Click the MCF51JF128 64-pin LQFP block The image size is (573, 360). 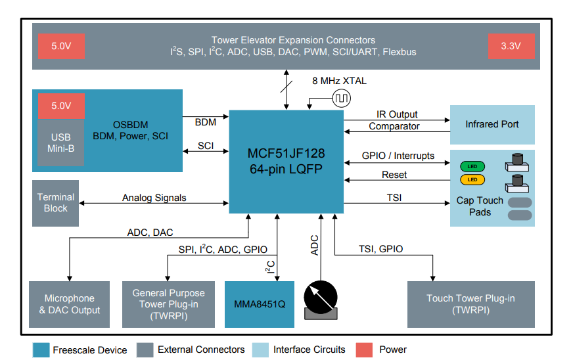pyautogui.click(x=286, y=161)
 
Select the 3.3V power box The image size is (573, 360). pyautogui.click(x=511, y=46)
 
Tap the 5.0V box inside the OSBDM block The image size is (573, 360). pyautogui.click(x=60, y=106)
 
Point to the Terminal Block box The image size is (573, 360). pyautogui.click(x=55, y=203)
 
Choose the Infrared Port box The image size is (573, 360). pyautogui.click(x=492, y=124)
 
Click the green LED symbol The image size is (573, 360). pyautogui.click(x=472, y=167)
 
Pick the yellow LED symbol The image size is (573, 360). pyautogui.click(x=472, y=179)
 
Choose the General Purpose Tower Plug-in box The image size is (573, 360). pyautogui.click(x=168, y=304)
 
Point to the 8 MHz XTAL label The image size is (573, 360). pyautogui.click(x=339, y=81)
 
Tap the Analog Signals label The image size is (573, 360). pyautogui.click(x=154, y=197)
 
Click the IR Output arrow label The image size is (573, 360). pyautogui.click(x=396, y=114)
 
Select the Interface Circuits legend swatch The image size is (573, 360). pyautogui.click(x=260, y=349)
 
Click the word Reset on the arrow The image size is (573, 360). pyautogui.click(x=394, y=175)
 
